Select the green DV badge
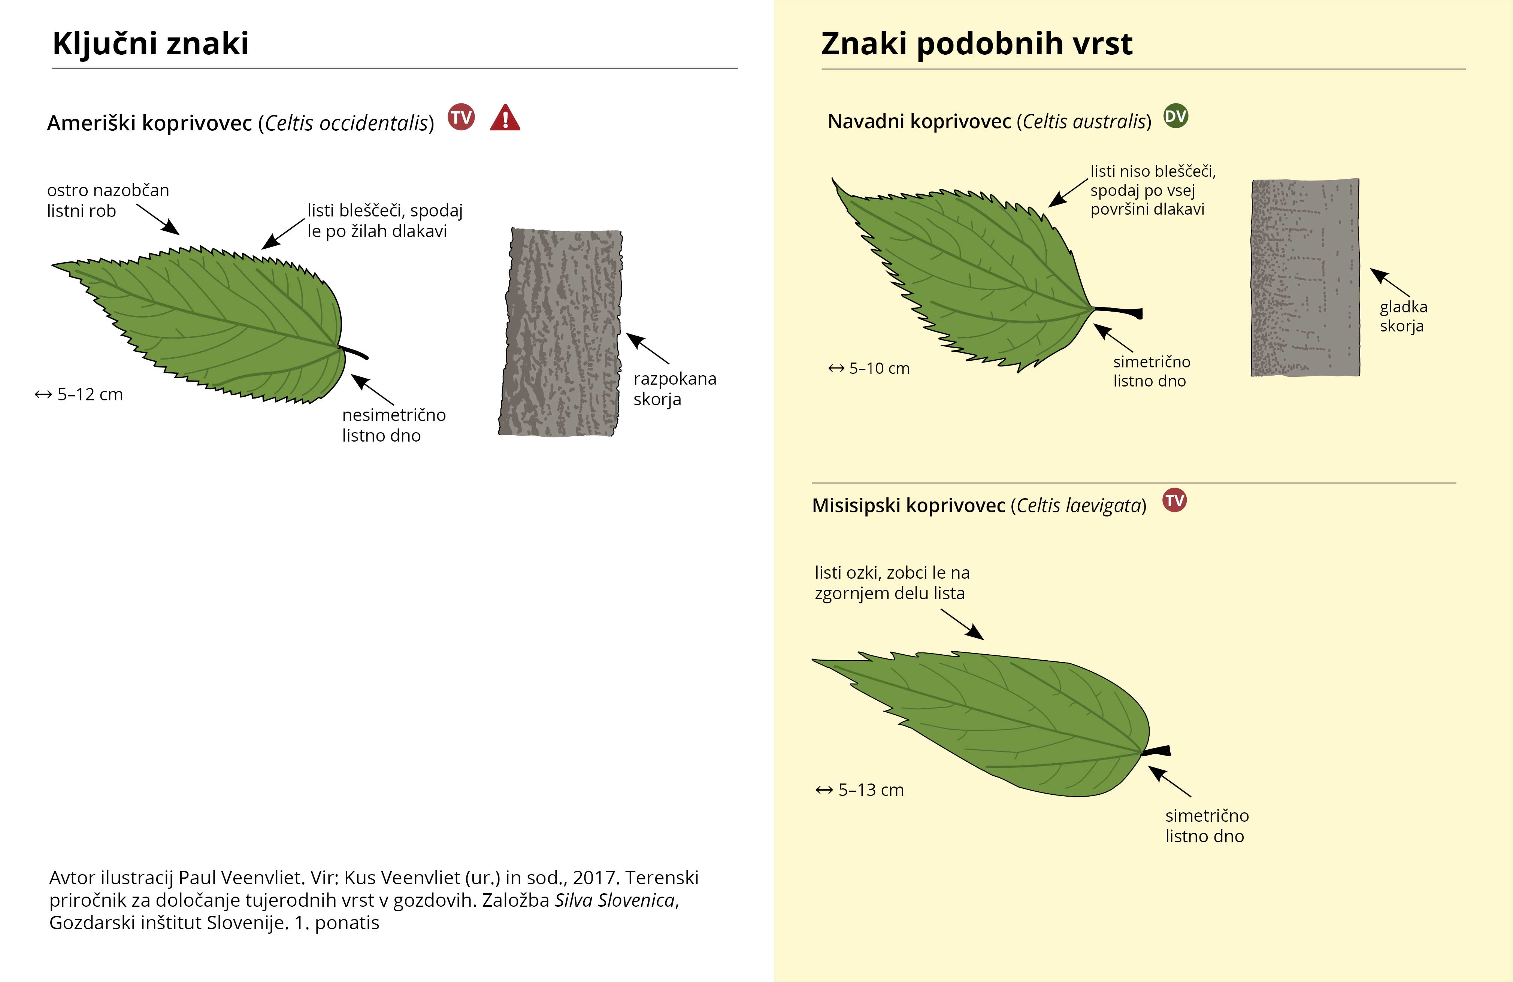click(1175, 116)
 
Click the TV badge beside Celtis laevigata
click(1174, 500)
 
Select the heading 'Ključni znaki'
click(151, 44)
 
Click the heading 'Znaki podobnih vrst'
click(977, 44)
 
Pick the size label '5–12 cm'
click(79, 395)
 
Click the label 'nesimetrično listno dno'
click(393, 425)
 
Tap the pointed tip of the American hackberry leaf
click(55, 265)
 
